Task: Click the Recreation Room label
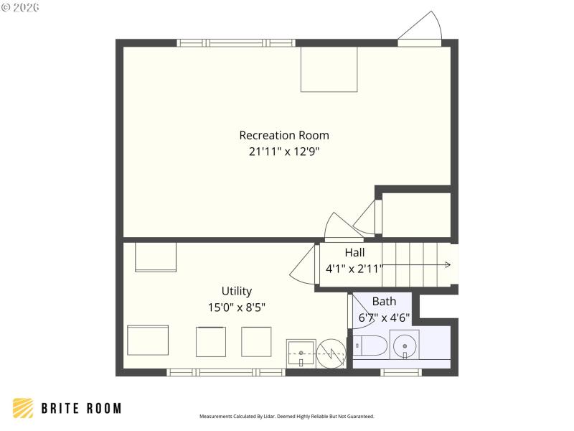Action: click(284, 135)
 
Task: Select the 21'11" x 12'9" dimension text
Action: click(284, 152)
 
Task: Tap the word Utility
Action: click(236, 291)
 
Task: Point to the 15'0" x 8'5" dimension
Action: click(236, 307)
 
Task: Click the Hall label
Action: click(354, 253)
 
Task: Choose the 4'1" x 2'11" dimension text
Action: click(354, 269)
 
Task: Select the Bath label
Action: click(384, 302)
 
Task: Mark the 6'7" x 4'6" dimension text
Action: click(384, 318)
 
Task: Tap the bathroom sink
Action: click(405, 344)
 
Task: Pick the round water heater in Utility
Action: click(332, 353)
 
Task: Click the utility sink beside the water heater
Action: click(301, 353)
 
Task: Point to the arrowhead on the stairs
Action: click(447, 265)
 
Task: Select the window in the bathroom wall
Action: click(400, 372)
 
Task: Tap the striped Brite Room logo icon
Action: click(23, 408)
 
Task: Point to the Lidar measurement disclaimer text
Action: click(286, 417)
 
